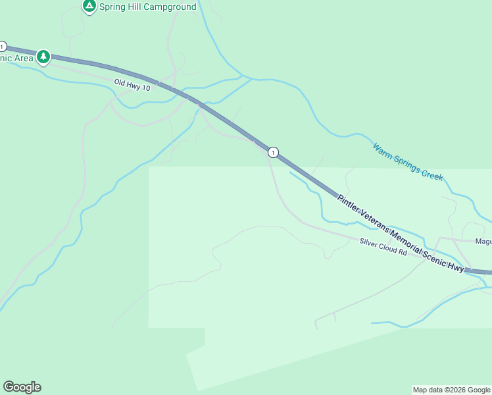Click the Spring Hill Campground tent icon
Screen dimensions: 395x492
click(x=89, y=6)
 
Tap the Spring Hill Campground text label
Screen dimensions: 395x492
click(x=147, y=7)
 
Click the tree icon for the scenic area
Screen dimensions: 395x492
click(x=43, y=57)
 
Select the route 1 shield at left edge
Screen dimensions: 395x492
click(x=3, y=47)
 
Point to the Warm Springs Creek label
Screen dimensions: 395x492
click(x=408, y=162)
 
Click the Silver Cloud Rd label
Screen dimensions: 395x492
click(x=383, y=248)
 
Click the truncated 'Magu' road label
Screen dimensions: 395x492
click(x=483, y=242)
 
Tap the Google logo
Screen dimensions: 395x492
click(x=22, y=387)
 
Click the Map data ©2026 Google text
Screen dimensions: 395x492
click(x=451, y=390)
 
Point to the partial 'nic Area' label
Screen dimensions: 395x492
click(x=16, y=58)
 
